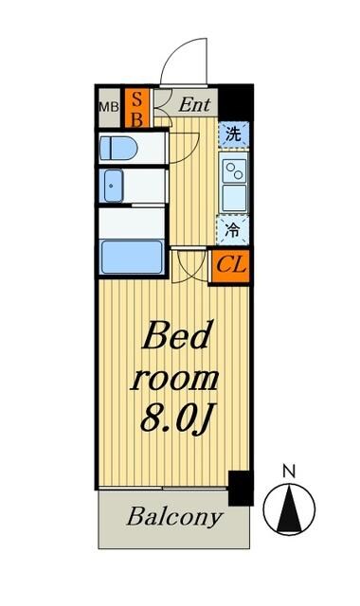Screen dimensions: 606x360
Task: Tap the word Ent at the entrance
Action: click(x=196, y=103)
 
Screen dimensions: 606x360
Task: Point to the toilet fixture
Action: click(x=117, y=149)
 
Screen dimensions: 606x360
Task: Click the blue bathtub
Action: click(x=131, y=256)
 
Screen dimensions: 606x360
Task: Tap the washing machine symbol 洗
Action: click(x=234, y=134)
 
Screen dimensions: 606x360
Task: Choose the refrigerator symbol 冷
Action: click(x=234, y=229)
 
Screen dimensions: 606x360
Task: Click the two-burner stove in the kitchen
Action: click(x=234, y=170)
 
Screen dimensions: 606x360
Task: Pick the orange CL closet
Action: click(x=230, y=264)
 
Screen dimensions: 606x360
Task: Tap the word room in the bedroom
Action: click(x=175, y=379)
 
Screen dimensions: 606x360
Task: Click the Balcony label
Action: click(x=175, y=518)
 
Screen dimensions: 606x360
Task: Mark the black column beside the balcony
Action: click(x=241, y=488)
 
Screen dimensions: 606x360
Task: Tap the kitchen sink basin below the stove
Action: click(x=234, y=198)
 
